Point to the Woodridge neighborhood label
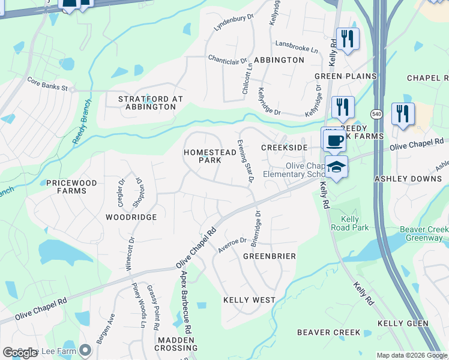pyautogui.click(x=131, y=217)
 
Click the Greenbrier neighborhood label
pyautogui.click(x=269, y=256)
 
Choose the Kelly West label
pyautogui.click(x=249, y=299)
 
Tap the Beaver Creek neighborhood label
pyautogui.click(x=329, y=332)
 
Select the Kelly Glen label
pyautogui.click(x=403, y=323)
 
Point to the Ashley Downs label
pyautogui.click(x=408, y=179)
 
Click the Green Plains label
pyautogui.click(x=345, y=76)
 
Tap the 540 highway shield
pyautogui.click(x=376, y=113)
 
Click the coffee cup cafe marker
pyautogui.click(x=335, y=141)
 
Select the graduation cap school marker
pyautogui.click(x=337, y=167)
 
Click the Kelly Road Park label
pyautogui.click(x=350, y=223)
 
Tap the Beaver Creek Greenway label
pyautogui.click(x=424, y=233)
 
